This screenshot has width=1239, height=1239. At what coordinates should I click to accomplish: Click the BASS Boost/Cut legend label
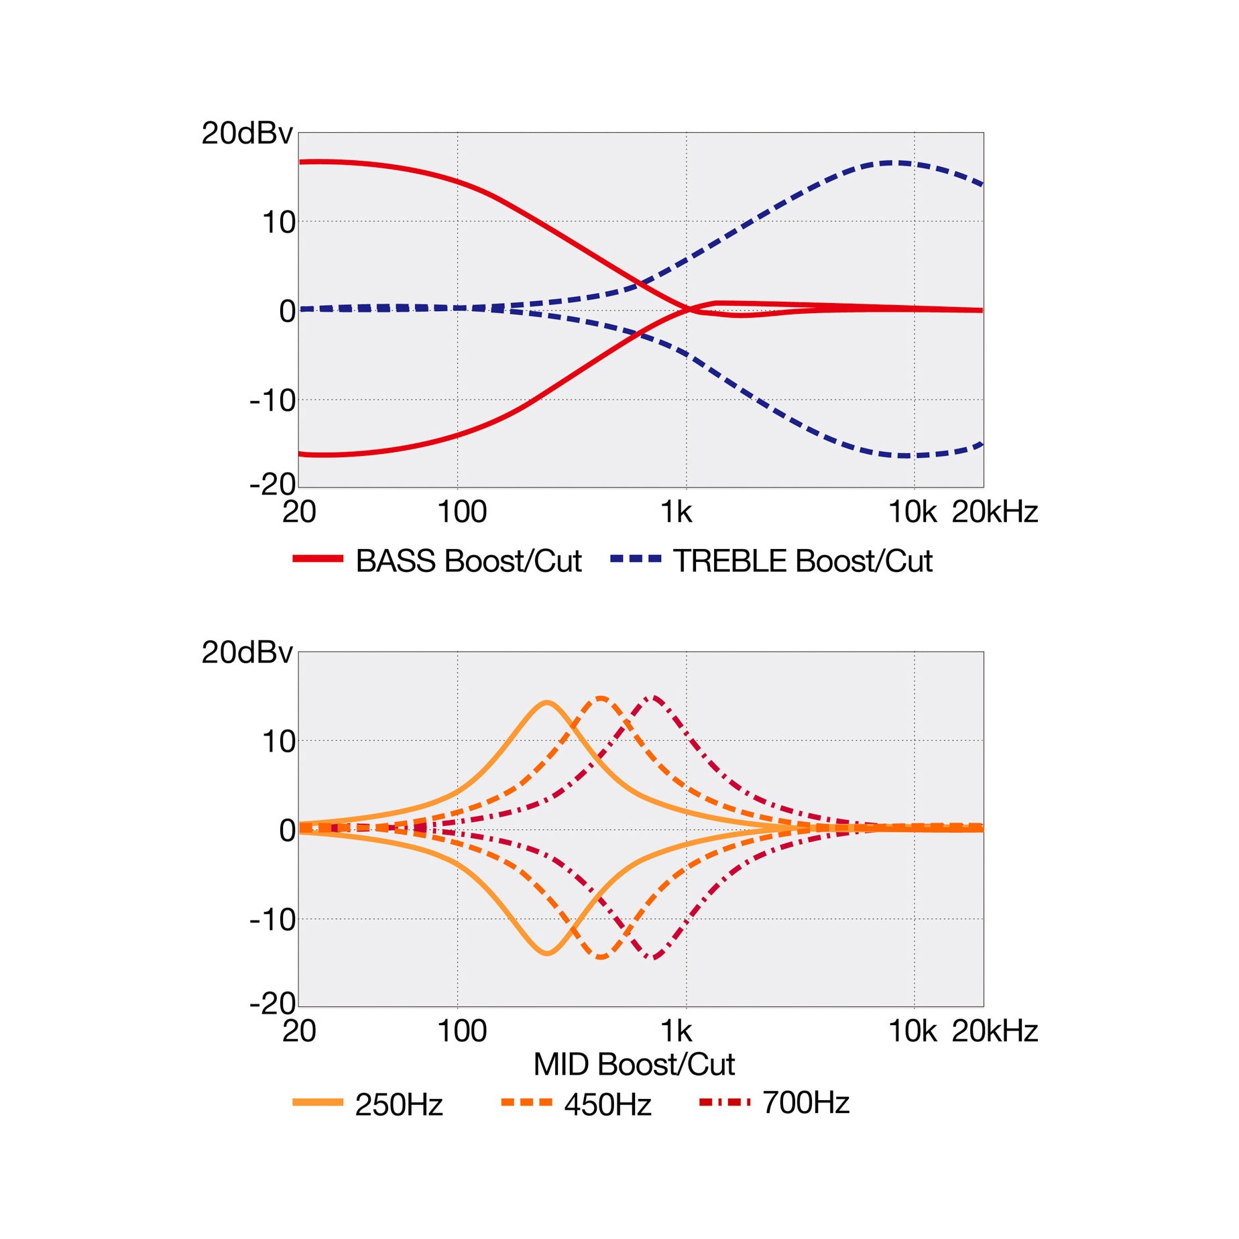(468, 561)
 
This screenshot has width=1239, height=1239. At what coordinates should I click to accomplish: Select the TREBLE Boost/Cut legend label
(803, 561)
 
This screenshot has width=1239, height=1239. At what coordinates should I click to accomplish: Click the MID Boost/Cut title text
(634, 1064)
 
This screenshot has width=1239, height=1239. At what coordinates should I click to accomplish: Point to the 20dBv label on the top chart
(247, 133)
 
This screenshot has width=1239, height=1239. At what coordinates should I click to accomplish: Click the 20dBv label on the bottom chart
(247, 652)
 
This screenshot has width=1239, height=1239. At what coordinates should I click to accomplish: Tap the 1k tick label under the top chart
(676, 512)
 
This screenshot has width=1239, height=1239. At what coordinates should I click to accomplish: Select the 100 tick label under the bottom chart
(461, 1030)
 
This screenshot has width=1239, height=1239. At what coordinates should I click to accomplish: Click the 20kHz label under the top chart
(995, 512)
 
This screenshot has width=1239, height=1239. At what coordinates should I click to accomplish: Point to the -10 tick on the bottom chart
(272, 919)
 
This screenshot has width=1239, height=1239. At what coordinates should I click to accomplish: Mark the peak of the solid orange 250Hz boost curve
(548, 703)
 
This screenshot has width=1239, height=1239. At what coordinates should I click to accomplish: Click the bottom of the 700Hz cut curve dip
(653, 957)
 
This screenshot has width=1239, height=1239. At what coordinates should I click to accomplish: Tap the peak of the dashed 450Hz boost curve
(601, 698)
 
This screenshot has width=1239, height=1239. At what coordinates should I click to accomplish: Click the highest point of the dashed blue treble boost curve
(892, 162)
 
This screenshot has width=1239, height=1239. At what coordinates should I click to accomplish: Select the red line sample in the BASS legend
(318, 558)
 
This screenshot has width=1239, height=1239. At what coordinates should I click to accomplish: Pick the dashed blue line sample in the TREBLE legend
(636, 558)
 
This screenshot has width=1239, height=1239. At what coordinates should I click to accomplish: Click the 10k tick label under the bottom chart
(912, 1030)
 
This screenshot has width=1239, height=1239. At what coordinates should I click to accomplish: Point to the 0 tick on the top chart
(287, 311)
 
